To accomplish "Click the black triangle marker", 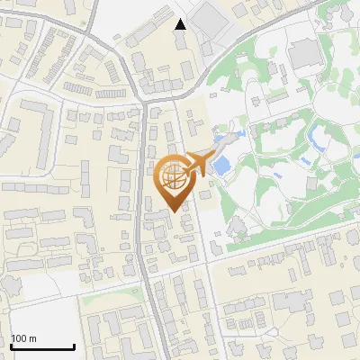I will click(181, 24).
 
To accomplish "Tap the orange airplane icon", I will click(210, 163).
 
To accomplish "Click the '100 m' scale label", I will click(23, 338).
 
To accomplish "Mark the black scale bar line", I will click(42, 347).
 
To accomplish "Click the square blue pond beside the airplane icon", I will click(220, 166).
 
